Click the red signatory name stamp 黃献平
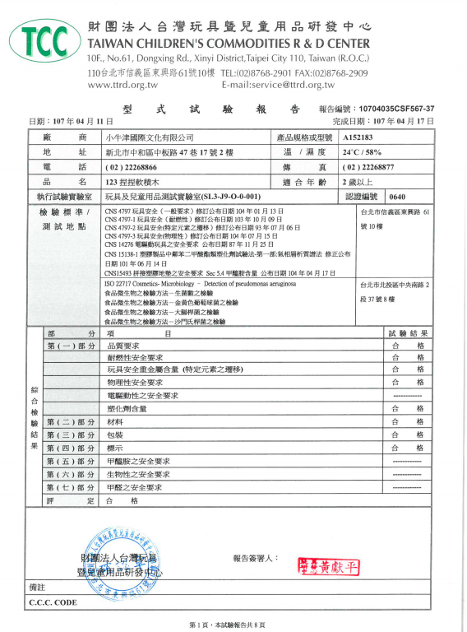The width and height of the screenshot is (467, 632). [x=330, y=566]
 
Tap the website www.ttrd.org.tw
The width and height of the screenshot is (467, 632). [x=123, y=85]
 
